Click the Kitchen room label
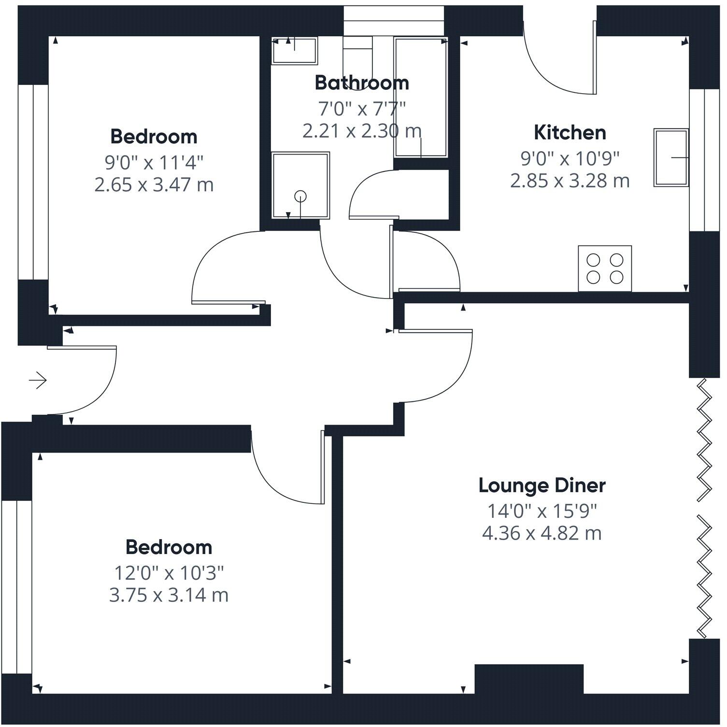(570, 132)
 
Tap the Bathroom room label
(362, 83)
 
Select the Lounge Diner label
(542, 485)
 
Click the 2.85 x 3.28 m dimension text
(570, 181)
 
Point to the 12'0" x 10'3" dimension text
(169, 573)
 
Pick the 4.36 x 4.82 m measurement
(542, 533)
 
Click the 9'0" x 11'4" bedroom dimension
(154, 162)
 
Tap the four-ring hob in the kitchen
(605, 269)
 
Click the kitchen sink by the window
(670, 157)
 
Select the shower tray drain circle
(300, 196)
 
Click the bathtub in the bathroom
(421, 97)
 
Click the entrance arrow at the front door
(38, 381)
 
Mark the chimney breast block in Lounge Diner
(529, 679)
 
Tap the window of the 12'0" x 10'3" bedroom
(16, 587)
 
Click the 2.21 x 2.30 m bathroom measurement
(362, 131)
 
